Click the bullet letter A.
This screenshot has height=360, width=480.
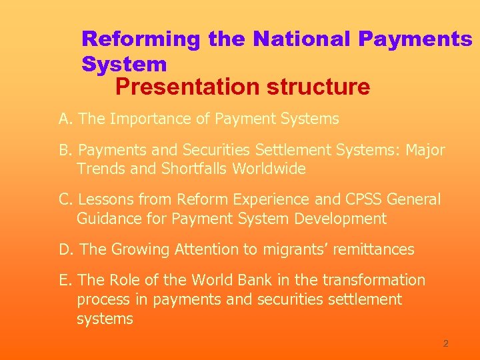[x=64, y=119]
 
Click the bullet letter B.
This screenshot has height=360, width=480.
[x=64, y=151]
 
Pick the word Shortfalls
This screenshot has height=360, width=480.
[x=195, y=169]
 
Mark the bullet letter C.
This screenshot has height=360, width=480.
[x=65, y=200]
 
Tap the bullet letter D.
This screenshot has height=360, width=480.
[x=65, y=249]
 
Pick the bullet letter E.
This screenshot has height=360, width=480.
[x=64, y=280]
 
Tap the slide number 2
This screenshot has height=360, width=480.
[x=445, y=343]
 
